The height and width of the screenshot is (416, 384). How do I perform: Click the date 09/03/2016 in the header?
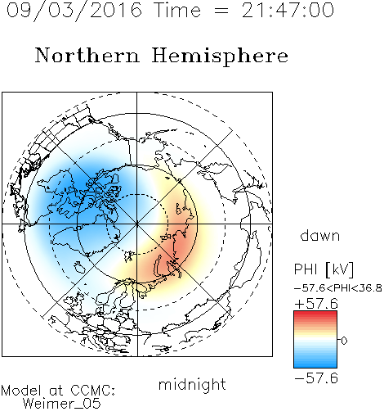[x=74, y=11]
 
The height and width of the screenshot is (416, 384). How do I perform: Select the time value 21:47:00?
[x=288, y=10]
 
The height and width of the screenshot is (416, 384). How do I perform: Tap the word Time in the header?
[x=177, y=10]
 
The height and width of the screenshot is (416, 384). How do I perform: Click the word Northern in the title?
[x=87, y=56]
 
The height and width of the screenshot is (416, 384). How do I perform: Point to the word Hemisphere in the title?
[x=220, y=57]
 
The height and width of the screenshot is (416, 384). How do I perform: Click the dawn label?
[x=320, y=235]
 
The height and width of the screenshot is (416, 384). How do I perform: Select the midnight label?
[x=192, y=384]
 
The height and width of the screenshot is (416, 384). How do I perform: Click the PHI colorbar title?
[x=306, y=269]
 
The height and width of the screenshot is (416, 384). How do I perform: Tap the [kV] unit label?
[x=339, y=269]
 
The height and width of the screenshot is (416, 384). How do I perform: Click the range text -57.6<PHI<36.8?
[x=337, y=288]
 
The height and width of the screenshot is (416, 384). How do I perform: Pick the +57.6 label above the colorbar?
[x=316, y=304]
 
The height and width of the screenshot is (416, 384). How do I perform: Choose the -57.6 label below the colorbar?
[x=316, y=378]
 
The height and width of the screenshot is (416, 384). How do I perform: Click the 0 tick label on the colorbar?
[x=344, y=341]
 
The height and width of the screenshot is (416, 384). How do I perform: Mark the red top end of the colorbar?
[x=315, y=314]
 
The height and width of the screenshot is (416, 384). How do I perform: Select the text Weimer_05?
[x=62, y=403]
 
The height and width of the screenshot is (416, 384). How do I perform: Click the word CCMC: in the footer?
[x=92, y=391]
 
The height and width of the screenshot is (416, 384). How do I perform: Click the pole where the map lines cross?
[x=136, y=224]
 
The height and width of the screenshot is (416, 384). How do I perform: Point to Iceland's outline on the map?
[x=79, y=267]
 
